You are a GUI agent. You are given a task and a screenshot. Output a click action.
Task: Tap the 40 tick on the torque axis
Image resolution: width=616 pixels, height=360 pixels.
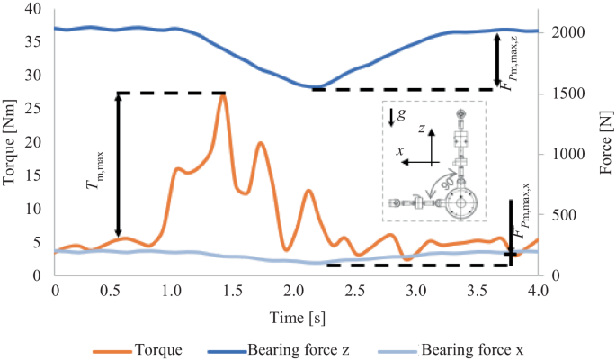point(34,9)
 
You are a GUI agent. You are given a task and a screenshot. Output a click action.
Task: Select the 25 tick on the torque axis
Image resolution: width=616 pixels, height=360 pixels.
point(34,109)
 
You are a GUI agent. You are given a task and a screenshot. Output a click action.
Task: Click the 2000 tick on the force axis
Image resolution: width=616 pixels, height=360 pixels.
point(562,33)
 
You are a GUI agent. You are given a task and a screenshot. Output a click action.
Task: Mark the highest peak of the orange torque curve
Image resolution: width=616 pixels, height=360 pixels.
point(222,94)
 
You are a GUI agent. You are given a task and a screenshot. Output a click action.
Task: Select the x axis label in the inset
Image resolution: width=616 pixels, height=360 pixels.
point(398,150)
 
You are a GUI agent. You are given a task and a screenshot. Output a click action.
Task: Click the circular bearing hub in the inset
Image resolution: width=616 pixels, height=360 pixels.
point(462,205)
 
